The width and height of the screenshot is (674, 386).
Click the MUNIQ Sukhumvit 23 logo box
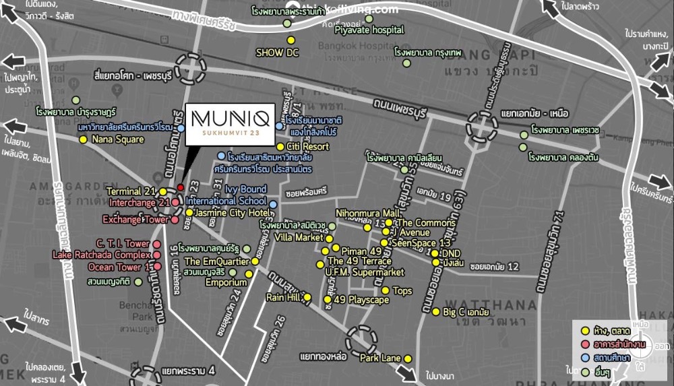[230, 123]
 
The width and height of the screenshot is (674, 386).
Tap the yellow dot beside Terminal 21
[163, 191]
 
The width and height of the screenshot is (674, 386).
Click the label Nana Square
[118, 139]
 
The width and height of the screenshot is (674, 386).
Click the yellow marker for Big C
[435, 312]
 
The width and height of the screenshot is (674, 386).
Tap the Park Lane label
[381, 358]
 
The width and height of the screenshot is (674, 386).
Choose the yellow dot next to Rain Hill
[307, 297]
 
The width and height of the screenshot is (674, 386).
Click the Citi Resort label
[308, 146]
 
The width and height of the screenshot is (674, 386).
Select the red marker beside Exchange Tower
[175, 220]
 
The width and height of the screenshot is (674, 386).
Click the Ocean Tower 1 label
[115, 267]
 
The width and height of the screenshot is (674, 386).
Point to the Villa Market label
[299, 238]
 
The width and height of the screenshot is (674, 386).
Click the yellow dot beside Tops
[386, 290]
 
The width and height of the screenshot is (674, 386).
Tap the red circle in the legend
[585, 343]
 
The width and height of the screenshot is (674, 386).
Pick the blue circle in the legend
[585, 357]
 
